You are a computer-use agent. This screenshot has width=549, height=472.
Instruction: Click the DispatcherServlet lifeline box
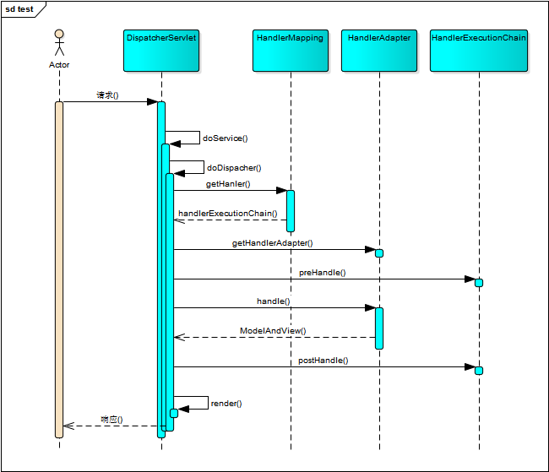(x=160, y=50)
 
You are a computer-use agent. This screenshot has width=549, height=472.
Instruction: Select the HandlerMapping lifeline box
(x=290, y=50)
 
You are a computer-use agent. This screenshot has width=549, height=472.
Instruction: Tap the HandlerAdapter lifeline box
(x=379, y=50)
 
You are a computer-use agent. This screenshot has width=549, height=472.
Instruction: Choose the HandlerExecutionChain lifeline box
(x=478, y=50)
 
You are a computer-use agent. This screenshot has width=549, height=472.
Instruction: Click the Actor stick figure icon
(x=59, y=43)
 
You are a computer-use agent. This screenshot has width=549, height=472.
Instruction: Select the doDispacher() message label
(x=234, y=168)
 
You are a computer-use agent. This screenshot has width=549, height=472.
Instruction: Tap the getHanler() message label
(x=228, y=183)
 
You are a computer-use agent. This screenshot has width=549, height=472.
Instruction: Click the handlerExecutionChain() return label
(x=227, y=213)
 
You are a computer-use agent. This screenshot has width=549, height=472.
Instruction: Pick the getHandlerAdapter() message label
(x=272, y=242)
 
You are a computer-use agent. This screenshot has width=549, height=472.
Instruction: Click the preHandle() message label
(x=322, y=273)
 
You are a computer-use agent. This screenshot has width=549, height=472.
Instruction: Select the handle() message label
(x=273, y=301)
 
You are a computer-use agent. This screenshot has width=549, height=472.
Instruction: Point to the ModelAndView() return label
(x=273, y=331)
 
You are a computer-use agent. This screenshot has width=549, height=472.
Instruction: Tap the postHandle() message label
(x=323, y=360)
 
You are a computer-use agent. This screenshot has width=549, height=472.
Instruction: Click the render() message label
(x=226, y=404)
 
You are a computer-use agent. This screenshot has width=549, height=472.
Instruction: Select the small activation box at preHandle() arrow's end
(x=479, y=283)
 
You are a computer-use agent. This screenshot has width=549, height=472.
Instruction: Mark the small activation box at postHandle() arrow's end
(x=479, y=371)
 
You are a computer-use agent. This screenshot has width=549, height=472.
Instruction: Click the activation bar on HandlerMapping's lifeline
(x=291, y=210)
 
